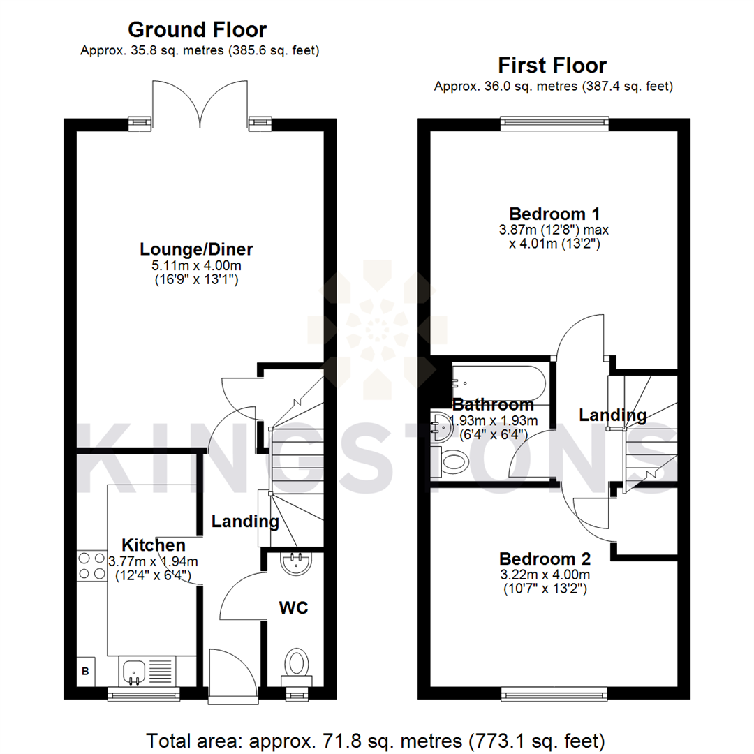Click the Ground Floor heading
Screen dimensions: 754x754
198,30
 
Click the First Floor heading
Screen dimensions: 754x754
552,66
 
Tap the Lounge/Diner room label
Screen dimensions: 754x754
196,249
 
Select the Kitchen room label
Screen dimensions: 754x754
154,545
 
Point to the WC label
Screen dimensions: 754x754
294,607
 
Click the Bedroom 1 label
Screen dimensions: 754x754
554,214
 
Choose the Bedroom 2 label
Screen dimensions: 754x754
545,559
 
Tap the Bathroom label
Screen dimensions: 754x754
493,405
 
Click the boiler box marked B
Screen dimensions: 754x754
87,672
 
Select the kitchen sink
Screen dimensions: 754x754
134,672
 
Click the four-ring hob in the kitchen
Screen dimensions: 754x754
90,565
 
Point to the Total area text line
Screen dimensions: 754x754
376,739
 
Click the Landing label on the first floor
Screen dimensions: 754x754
612,415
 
